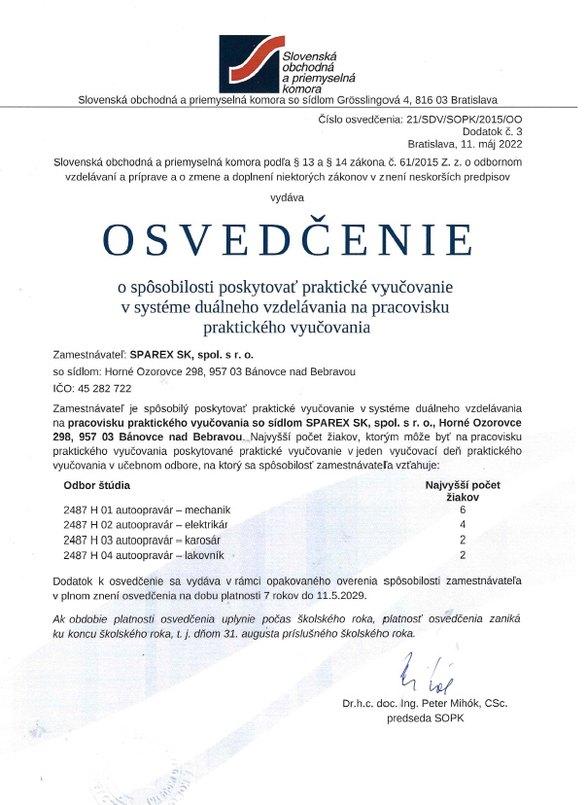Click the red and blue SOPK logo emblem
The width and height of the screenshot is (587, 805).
point(249,63)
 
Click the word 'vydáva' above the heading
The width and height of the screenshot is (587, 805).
point(293,196)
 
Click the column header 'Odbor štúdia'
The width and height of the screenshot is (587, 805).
point(97,483)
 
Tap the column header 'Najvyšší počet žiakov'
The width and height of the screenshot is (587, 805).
point(464,489)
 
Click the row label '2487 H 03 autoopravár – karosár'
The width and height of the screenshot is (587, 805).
point(142,539)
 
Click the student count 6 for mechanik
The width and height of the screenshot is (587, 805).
point(464,509)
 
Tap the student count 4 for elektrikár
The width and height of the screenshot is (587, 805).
point(464,524)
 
